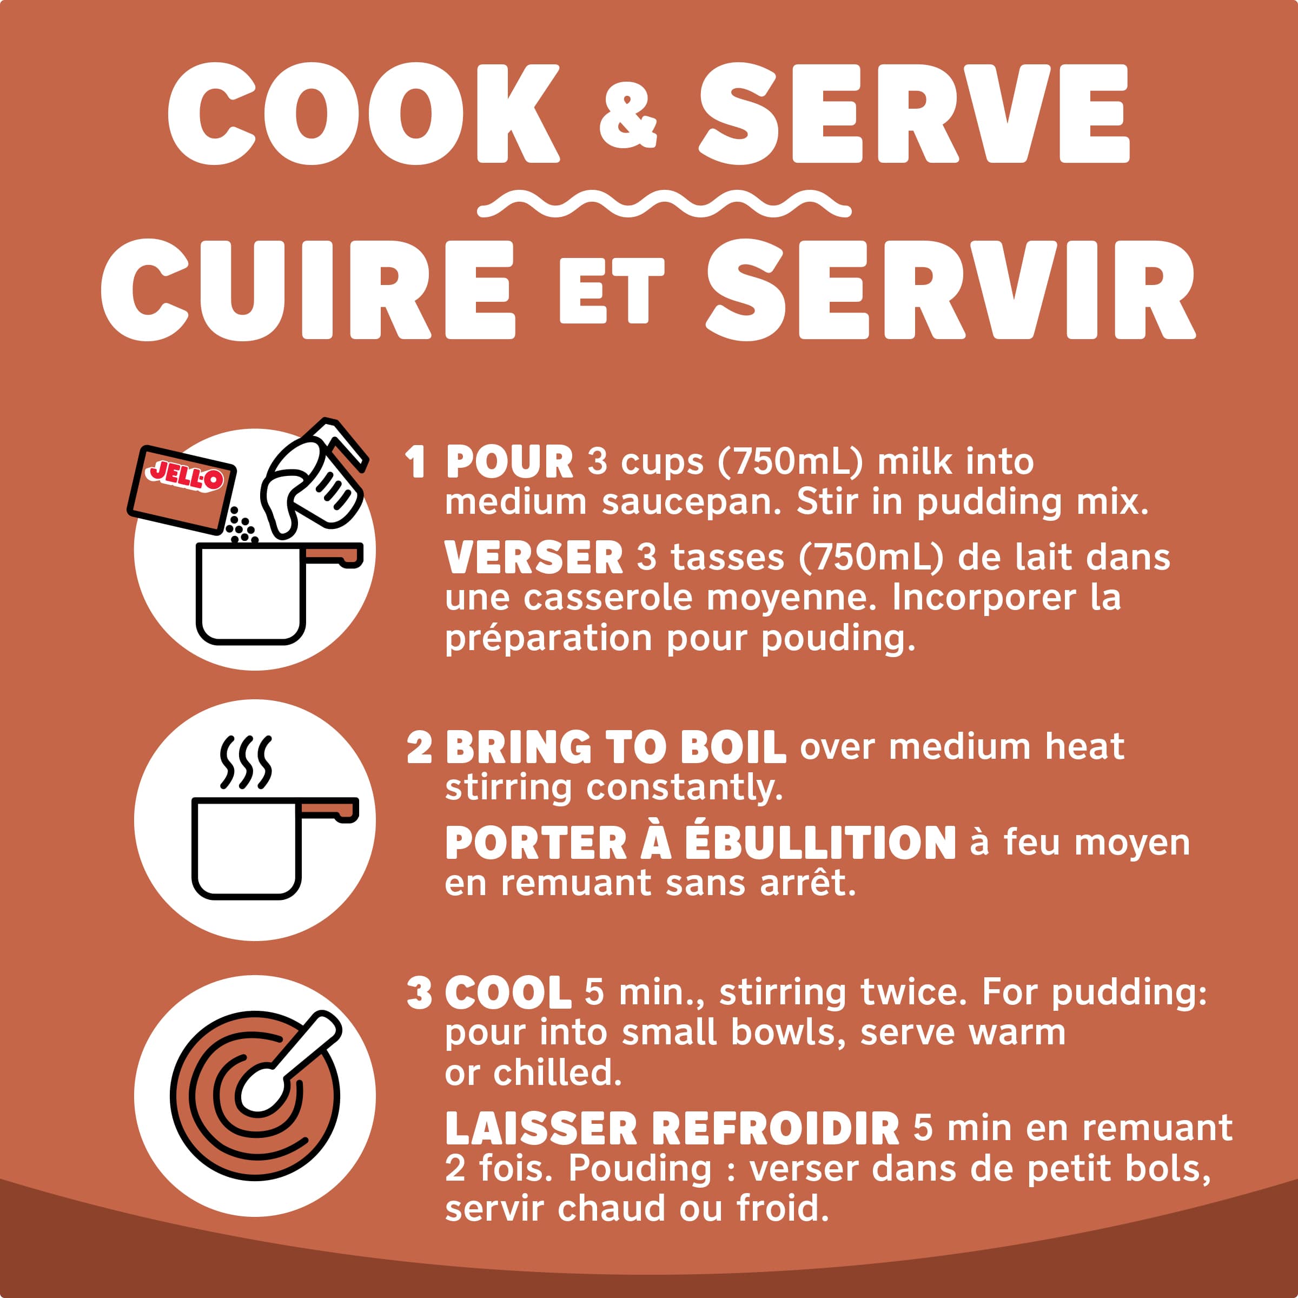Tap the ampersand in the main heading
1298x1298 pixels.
coord(627,120)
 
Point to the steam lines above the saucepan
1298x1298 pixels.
coord(247,763)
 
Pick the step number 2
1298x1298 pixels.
coord(419,747)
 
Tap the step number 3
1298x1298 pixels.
coord(419,994)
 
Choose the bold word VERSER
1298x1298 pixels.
coord(534,558)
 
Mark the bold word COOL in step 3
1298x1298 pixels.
coord(508,994)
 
